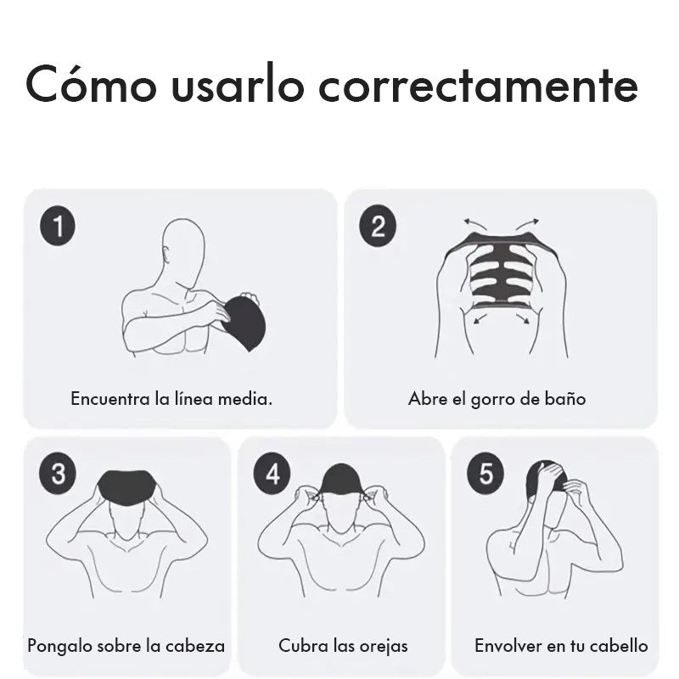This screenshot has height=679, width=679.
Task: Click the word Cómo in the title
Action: point(91,84)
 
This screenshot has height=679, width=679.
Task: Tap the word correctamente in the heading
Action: point(478,84)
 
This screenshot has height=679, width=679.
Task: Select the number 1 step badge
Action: point(58,226)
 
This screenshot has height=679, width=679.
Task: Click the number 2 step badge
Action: point(378,226)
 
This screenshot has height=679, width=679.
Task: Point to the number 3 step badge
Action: point(58,473)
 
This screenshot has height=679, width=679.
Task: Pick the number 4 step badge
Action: point(272,473)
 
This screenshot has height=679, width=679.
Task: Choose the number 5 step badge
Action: point(485,473)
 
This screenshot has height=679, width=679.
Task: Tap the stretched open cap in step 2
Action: point(502,271)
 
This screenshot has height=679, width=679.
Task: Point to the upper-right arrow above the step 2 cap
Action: point(527,223)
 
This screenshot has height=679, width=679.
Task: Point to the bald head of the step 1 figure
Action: point(184,246)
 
